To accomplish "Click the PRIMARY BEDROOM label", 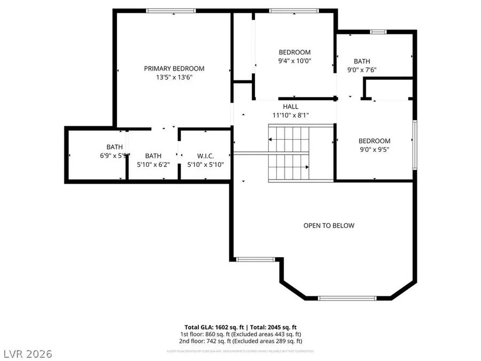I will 174,68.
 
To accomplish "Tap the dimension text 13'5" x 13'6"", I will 174,77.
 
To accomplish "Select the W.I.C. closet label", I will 206,156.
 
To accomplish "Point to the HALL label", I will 291,106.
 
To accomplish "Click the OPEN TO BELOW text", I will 329,226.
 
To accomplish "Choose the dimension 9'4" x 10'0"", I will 294,61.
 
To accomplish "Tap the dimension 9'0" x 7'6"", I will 362,70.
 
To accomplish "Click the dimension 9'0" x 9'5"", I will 374,150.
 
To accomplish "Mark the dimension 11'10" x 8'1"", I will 291,115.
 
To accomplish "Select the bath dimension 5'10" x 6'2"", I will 153,165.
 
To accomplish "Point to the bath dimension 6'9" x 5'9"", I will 114,156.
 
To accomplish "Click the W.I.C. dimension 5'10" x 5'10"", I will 206,165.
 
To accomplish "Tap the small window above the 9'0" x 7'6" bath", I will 378,32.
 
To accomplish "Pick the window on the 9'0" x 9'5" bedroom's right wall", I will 415,145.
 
